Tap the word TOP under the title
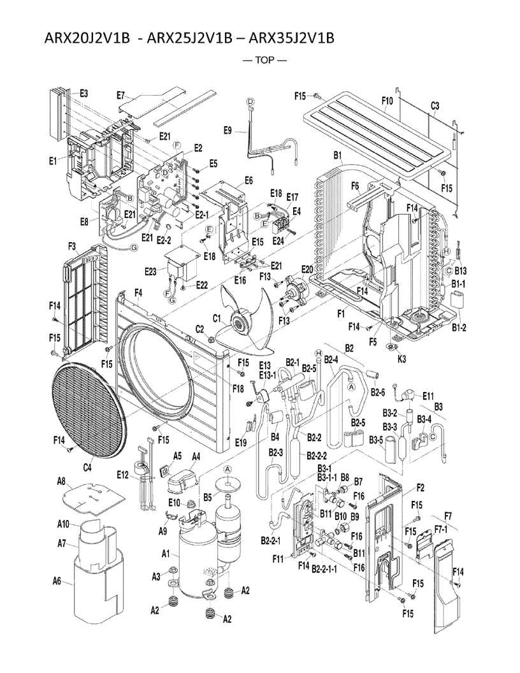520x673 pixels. [x=264, y=61]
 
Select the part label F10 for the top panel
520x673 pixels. [x=387, y=101]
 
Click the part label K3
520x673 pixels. [x=401, y=358]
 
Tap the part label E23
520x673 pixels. [x=150, y=270]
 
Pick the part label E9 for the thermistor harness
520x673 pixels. [x=227, y=131]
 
